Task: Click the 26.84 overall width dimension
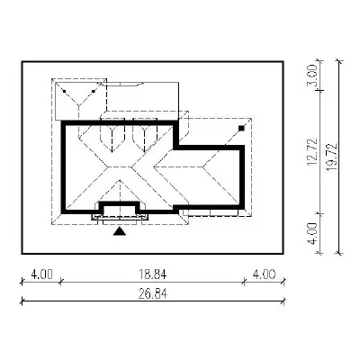[x=153, y=293]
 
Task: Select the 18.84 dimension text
[x=152, y=274]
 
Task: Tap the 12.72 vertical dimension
[x=312, y=151]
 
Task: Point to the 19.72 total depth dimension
[x=332, y=157]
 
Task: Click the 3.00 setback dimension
[x=312, y=76]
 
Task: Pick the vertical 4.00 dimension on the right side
[x=312, y=233]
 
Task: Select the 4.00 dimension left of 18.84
[x=41, y=274]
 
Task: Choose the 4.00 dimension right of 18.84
[x=265, y=274]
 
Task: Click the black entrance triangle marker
[x=120, y=231]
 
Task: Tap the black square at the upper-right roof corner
[x=241, y=129]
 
